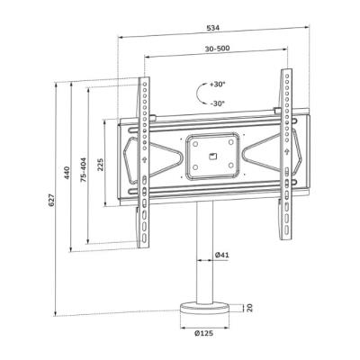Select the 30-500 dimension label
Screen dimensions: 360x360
216,50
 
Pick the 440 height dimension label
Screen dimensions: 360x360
68,171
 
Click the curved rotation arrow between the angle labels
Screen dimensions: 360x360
199,93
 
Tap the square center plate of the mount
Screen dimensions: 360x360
214,157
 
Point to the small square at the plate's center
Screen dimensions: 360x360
214,157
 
